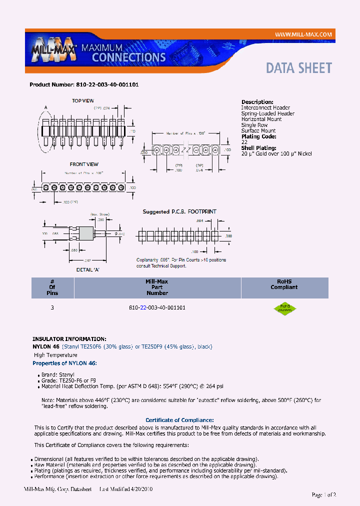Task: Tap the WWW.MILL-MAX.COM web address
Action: pos(303,34)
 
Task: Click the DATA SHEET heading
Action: pos(298,68)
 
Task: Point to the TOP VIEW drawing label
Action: pos(83,101)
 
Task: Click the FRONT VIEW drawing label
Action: pos(84,164)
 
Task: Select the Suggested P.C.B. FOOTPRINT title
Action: pos(179,212)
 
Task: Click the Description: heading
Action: pos(257,102)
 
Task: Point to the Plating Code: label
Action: pos(258,136)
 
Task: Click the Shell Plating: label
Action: pos(259,148)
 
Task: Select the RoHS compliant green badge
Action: pos(284,307)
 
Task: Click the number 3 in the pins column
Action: pos(52,308)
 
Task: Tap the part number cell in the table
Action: pos(157,308)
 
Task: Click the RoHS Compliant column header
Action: pos(284,284)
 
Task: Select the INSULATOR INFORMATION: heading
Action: pos(69,339)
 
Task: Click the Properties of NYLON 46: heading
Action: pos(64,363)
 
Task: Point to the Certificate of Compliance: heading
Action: pos(179,420)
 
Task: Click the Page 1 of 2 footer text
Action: pos(323,495)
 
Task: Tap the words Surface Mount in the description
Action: pos(258,131)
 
